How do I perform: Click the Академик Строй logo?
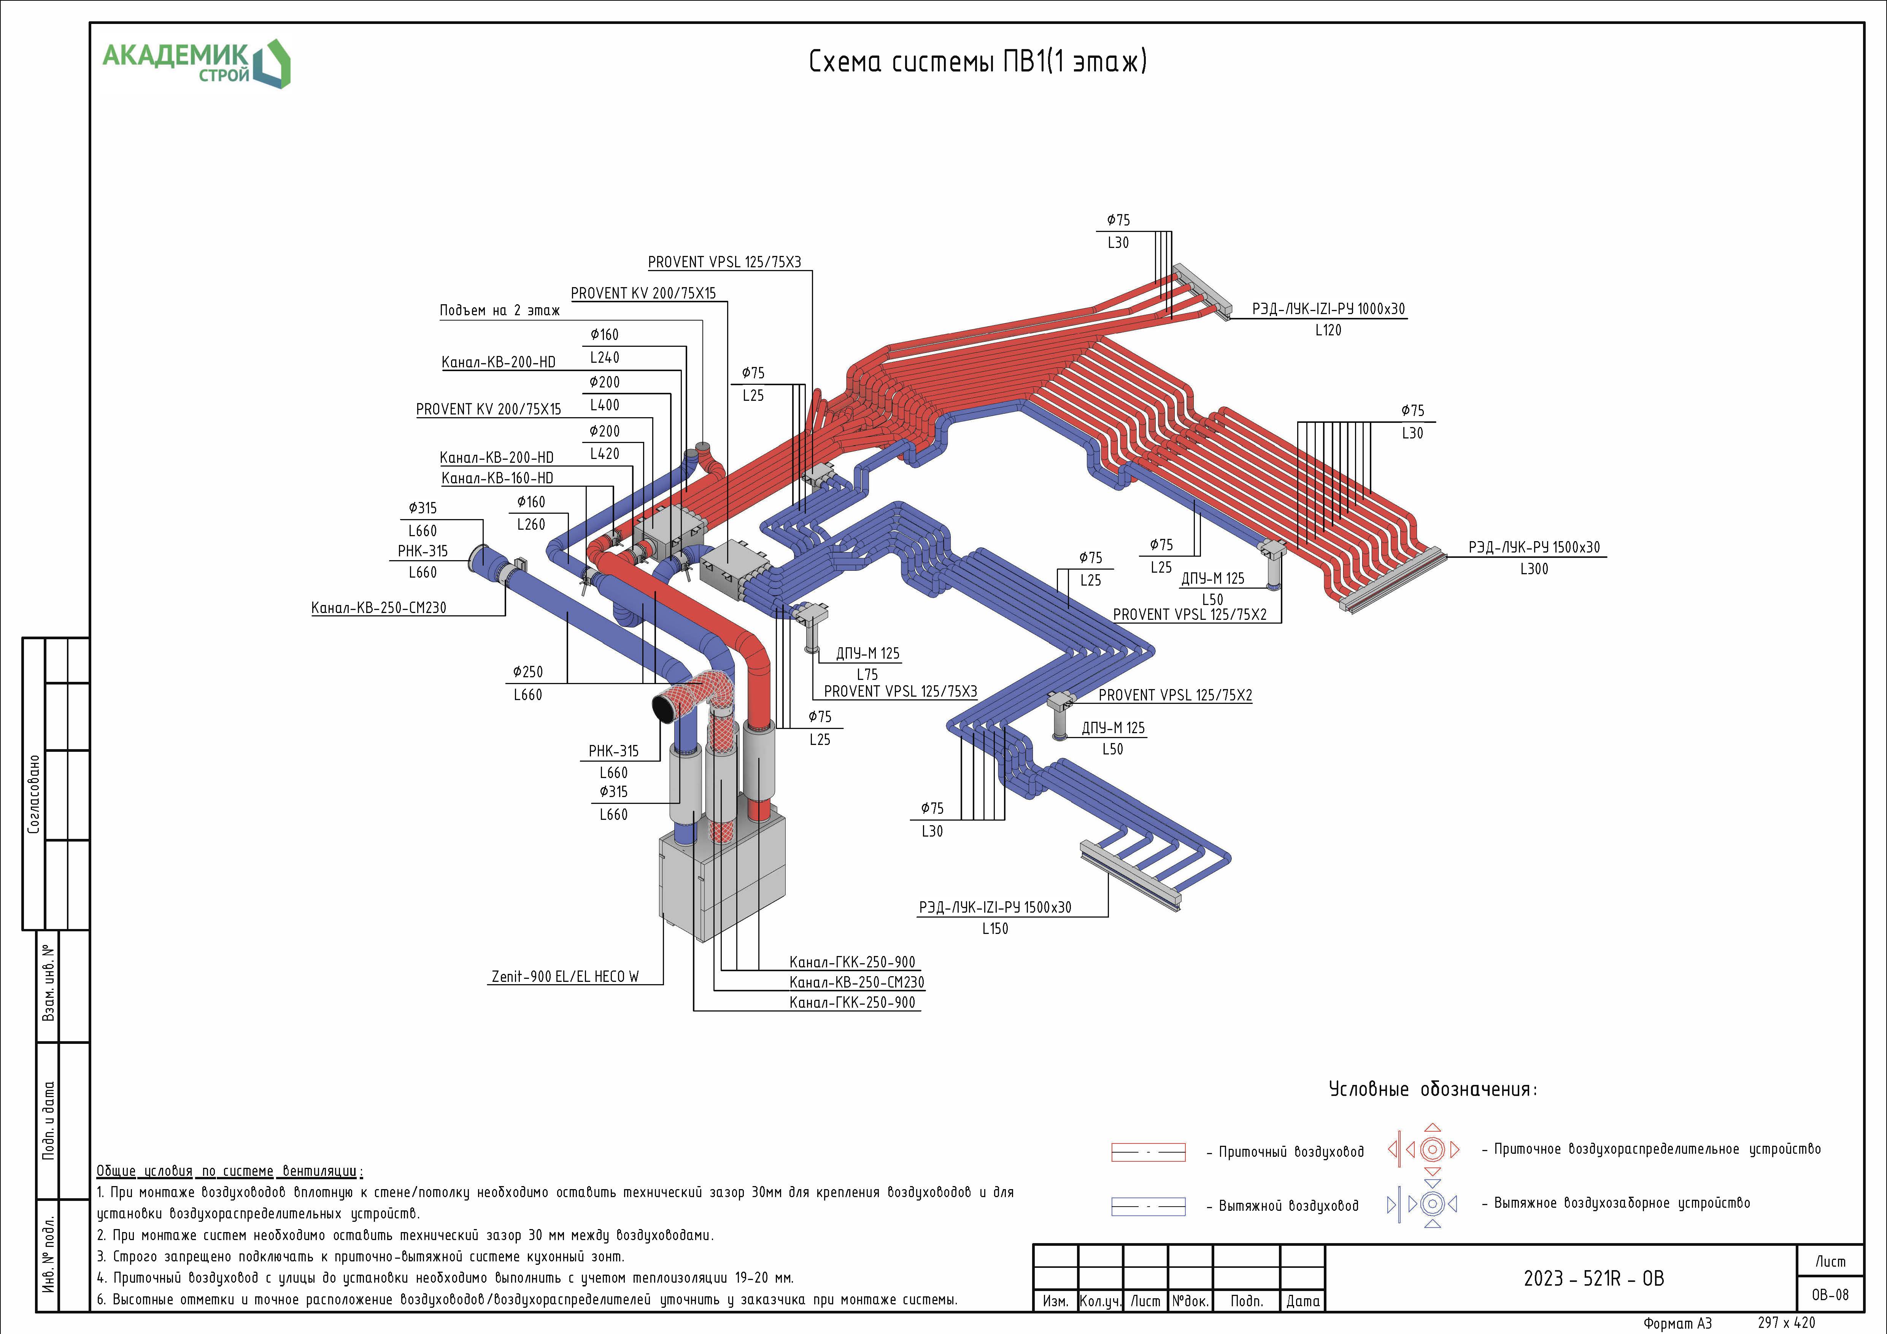(x=195, y=63)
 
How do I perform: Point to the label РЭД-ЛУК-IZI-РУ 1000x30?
(x=1328, y=309)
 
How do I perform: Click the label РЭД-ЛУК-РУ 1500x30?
(x=1534, y=548)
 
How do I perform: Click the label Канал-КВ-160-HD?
(x=497, y=478)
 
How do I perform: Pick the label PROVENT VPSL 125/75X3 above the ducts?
(x=724, y=262)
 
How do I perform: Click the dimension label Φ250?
(x=527, y=672)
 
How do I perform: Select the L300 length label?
(x=1534, y=569)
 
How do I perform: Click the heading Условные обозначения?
(x=1433, y=1090)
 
